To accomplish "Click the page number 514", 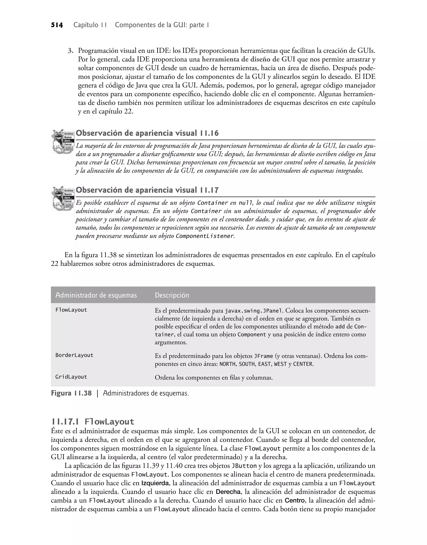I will click(57, 25).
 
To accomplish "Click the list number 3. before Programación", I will click(71, 51).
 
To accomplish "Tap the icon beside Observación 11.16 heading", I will click(63, 141).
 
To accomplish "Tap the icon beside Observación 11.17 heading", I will click(63, 198).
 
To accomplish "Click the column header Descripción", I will click(172, 295).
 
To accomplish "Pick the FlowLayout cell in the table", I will click(71, 310).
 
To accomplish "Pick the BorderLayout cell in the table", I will click(74, 355).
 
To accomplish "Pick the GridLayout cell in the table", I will click(71, 377).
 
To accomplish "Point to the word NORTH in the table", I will click(227, 364).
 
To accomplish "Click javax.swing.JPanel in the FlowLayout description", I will click(254, 311).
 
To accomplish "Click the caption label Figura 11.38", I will click(71, 393).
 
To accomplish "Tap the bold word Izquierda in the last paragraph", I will click(155, 483).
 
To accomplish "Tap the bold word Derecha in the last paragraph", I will click(228, 492).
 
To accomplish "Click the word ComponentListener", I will click(205, 236).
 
